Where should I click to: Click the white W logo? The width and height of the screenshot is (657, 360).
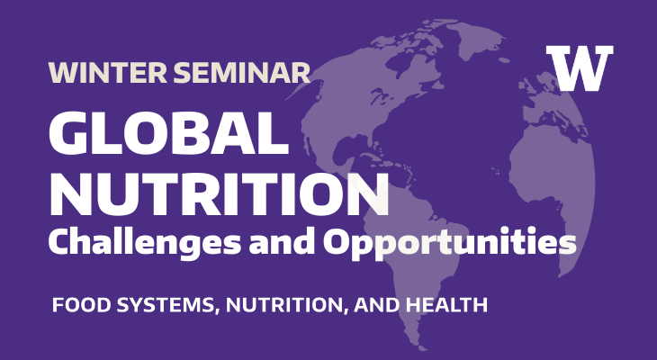coord(580,67)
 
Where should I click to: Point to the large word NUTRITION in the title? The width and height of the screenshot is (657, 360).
coord(220,191)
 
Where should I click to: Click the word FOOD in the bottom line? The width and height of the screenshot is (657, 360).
coord(76,305)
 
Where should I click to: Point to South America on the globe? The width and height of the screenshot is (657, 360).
coord(432,270)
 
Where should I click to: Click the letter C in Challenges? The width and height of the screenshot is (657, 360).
coord(59,241)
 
